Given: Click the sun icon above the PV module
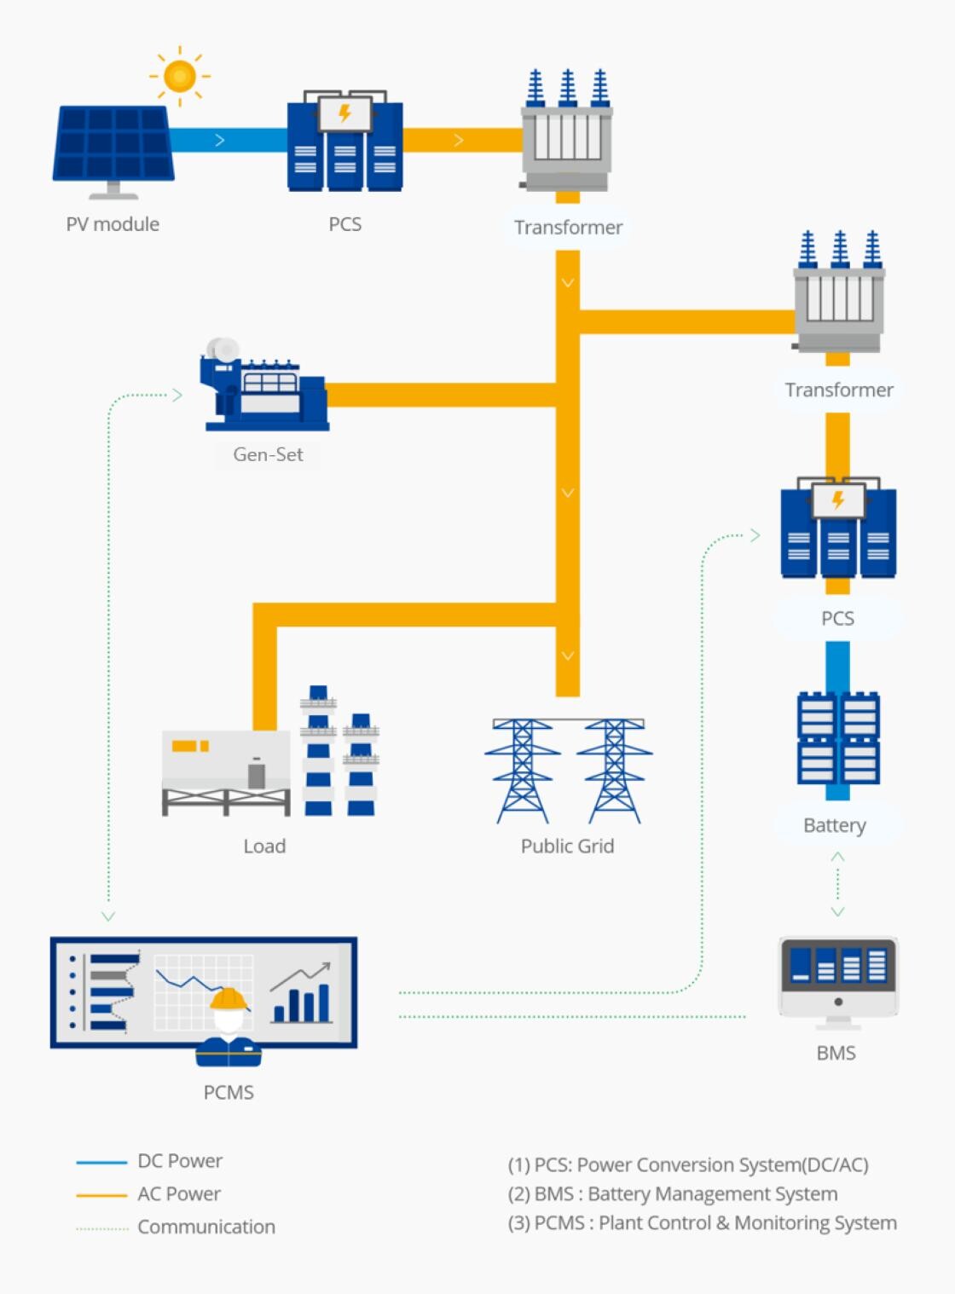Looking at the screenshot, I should (179, 77).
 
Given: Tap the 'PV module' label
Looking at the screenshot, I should (113, 224).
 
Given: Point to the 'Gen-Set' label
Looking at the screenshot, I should (268, 454).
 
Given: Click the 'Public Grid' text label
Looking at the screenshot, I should (567, 846).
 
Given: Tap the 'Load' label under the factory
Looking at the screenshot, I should (264, 846).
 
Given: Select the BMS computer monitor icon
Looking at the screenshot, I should (838, 976).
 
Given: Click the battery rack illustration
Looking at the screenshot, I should (838, 738).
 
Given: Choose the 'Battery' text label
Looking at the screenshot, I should (835, 825).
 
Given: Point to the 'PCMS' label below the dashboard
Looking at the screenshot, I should (229, 1092).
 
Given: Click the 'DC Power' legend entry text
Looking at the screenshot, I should (180, 1161).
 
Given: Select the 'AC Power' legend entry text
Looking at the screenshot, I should (179, 1193).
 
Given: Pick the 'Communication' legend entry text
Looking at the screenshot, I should (206, 1227).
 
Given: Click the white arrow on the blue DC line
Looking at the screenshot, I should (220, 140).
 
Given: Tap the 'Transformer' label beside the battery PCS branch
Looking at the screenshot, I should (839, 390).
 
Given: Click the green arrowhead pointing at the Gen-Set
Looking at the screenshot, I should (177, 395).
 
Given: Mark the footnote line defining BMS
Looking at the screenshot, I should (673, 1193).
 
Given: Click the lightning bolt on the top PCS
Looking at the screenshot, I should (344, 113).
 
